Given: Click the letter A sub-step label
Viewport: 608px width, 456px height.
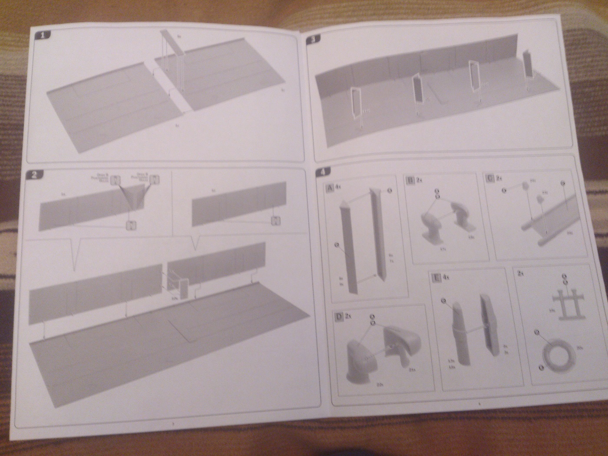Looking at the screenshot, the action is tap(330, 188).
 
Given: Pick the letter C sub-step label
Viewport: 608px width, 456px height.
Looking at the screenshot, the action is tap(490, 178).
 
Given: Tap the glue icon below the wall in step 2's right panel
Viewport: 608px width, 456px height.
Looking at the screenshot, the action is tap(274, 221).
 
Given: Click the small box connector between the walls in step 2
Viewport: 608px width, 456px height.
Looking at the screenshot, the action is tap(183, 288).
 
